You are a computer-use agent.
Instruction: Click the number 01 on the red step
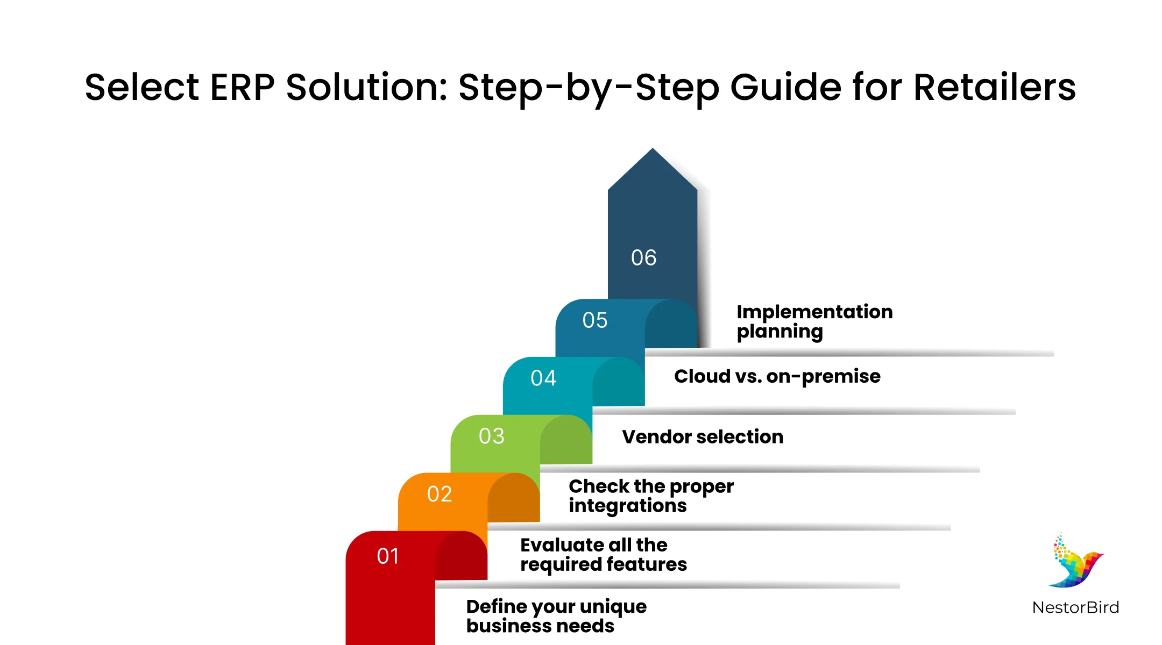[388, 556]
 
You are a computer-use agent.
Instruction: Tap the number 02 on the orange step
[440, 494]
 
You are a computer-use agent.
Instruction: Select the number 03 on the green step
[492, 436]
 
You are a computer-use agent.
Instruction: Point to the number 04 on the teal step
[543, 378]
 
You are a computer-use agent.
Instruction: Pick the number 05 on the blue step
[595, 320]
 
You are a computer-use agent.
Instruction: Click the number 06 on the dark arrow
[644, 257]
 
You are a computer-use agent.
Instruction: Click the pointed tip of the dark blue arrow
[653, 148]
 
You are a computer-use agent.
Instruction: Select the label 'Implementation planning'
[814, 321]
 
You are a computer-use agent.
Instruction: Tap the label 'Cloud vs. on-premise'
[777, 376]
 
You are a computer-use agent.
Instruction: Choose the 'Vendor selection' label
[703, 436]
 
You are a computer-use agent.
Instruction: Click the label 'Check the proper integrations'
[651, 496]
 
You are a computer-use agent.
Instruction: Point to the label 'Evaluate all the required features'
[604, 555]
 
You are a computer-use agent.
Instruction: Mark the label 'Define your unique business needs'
[556, 616]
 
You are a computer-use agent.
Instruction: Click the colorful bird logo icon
[1075, 561]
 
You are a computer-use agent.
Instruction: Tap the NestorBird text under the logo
[1075, 607]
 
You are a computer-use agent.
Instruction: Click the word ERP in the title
[242, 87]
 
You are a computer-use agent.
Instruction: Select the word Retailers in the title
[995, 87]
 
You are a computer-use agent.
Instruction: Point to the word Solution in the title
[366, 87]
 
